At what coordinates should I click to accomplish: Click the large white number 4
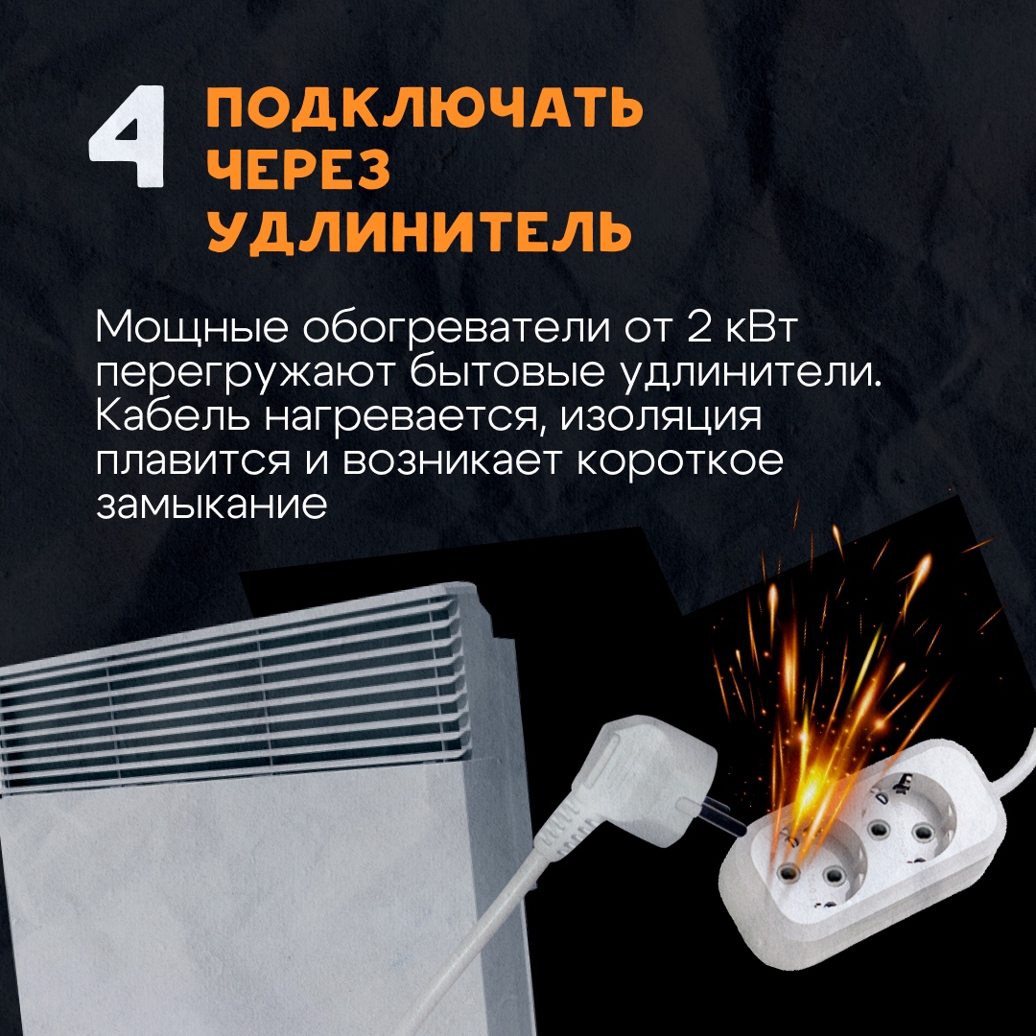[x=128, y=135]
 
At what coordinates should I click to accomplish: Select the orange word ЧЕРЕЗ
[x=298, y=168]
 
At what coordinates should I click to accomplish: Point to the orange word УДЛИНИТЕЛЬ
[x=419, y=230]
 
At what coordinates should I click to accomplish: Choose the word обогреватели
[x=457, y=328]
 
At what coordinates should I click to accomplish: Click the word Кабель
[x=173, y=415]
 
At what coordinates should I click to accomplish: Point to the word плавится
[x=192, y=461]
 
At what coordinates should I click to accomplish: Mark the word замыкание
[x=211, y=505]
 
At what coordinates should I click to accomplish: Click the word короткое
[x=680, y=461]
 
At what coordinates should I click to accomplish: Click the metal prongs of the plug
[x=716, y=816]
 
